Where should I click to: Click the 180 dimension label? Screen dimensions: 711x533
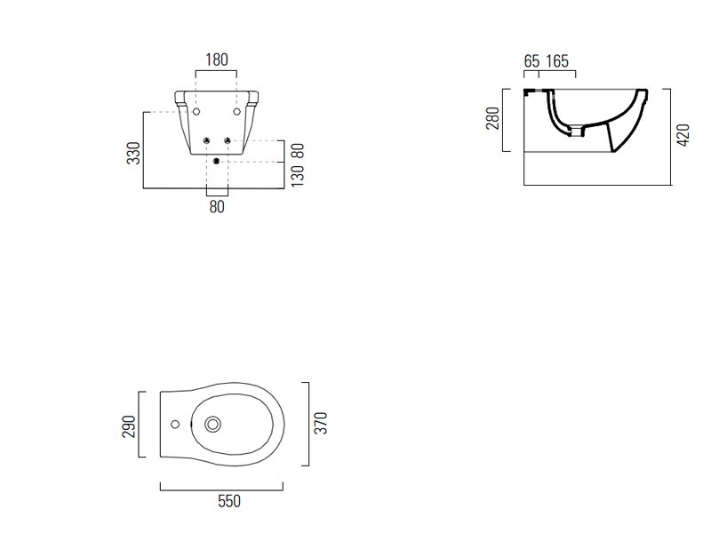tap(217, 60)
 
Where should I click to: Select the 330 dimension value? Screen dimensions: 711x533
tap(134, 153)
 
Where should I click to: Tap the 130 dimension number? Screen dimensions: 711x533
tap(298, 176)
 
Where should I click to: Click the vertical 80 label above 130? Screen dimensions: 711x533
tap(298, 150)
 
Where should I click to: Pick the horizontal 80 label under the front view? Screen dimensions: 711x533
tap(217, 207)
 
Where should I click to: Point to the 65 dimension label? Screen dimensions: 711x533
tap(531, 61)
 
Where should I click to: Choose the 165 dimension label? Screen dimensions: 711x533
tap(557, 61)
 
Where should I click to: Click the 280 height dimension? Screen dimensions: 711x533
tap(492, 118)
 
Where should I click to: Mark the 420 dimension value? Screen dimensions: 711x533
tap(683, 135)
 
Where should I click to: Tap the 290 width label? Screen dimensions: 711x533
tap(129, 426)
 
